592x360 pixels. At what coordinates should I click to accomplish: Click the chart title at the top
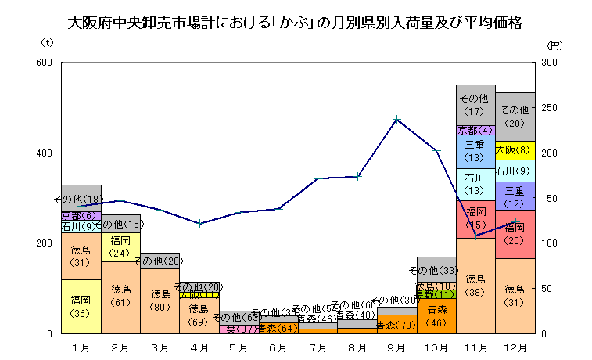tap(296, 23)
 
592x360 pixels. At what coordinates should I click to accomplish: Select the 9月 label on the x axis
tap(396, 345)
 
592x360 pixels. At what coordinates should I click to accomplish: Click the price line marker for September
tap(397, 119)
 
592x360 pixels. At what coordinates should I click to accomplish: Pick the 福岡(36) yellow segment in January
tap(81, 306)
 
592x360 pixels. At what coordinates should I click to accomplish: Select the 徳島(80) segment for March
tap(160, 301)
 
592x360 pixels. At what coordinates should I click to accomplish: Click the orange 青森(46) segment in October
tap(436, 316)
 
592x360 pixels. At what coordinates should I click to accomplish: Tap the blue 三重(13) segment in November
tap(475, 152)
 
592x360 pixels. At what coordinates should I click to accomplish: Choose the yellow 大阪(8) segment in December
tap(515, 150)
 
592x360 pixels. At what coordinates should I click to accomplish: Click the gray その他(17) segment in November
tap(475, 104)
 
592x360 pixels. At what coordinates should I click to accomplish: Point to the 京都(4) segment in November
tap(475, 130)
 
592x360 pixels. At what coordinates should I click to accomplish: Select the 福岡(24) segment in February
tap(120, 247)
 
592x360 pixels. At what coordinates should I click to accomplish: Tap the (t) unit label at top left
tap(47, 44)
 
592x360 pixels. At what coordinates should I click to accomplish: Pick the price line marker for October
tap(436, 150)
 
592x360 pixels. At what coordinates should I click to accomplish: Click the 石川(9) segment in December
tap(515, 171)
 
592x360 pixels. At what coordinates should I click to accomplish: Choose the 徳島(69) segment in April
tap(199, 315)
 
